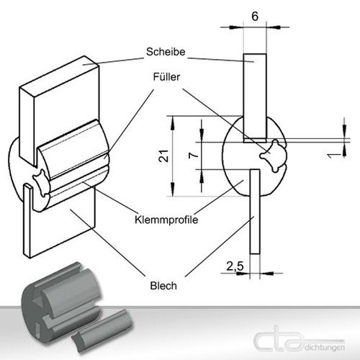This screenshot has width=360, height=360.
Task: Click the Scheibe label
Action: (x=166, y=52)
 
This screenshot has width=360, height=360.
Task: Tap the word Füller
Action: (x=166, y=77)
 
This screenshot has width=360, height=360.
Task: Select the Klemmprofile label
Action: (x=166, y=220)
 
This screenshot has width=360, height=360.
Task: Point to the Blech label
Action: (x=163, y=286)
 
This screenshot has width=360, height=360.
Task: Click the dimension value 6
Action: (x=255, y=17)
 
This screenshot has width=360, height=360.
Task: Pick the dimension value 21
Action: (x=164, y=156)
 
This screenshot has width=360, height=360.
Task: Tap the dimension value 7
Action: (x=194, y=156)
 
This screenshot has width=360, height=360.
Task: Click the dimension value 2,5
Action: (x=235, y=266)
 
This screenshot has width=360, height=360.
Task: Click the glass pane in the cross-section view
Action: (x=255, y=98)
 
